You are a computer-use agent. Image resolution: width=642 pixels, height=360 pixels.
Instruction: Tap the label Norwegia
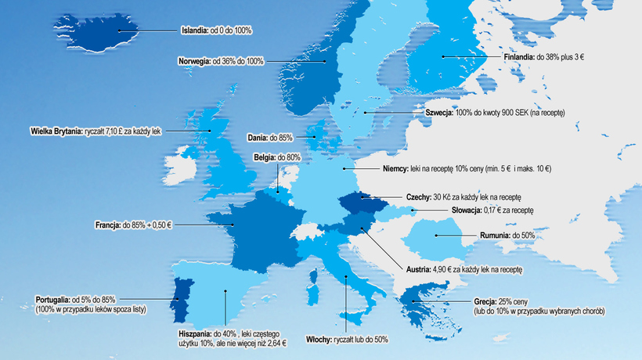click(194, 61)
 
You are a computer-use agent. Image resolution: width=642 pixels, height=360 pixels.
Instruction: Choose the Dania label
click(258, 138)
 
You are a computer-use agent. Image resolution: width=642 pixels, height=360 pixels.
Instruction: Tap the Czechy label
click(418, 197)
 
